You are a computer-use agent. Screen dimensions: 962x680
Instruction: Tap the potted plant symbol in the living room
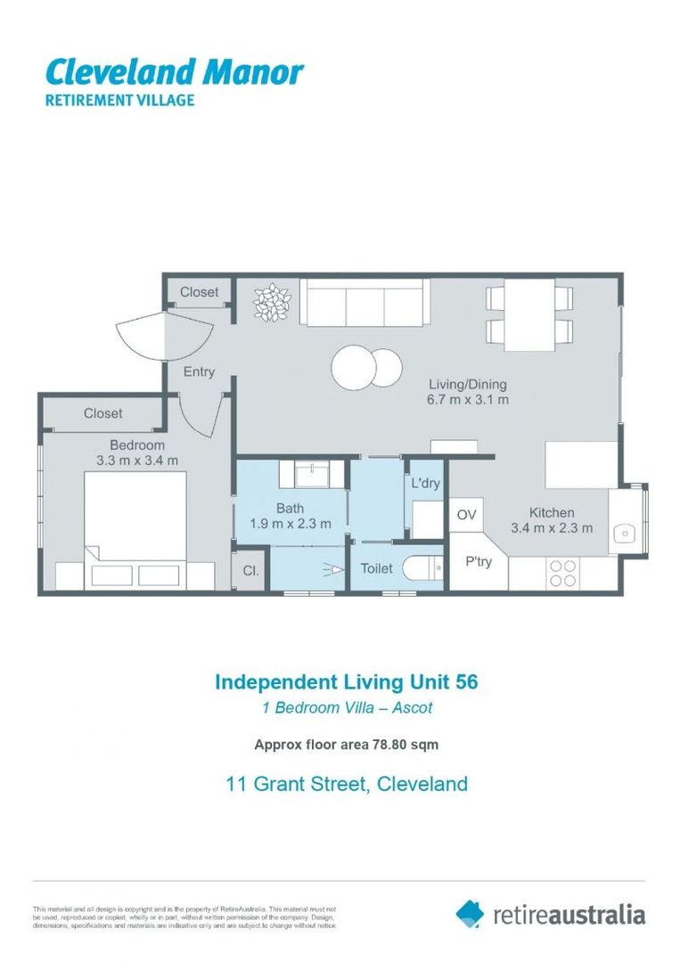click(272, 302)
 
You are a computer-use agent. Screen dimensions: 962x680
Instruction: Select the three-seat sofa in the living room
click(364, 303)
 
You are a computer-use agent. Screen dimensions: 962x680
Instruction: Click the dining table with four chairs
click(530, 316)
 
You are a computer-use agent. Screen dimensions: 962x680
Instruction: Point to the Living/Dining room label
click(467, 385)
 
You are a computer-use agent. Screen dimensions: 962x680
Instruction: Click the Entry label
click(199, 371)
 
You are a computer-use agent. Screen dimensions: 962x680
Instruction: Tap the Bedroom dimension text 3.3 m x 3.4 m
click(137, 461)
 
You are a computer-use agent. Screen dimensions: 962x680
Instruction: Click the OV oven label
click(466, 514)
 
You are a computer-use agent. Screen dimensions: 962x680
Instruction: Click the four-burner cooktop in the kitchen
click(563, 572)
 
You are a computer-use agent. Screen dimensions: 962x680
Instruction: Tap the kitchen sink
click(627, 533)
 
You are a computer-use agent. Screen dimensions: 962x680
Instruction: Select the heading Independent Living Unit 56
click(347, 682)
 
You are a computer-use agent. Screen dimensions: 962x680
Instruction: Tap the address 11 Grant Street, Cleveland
click(346, 784)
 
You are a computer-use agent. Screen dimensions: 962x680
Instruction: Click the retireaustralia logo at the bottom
click(551, 913)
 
